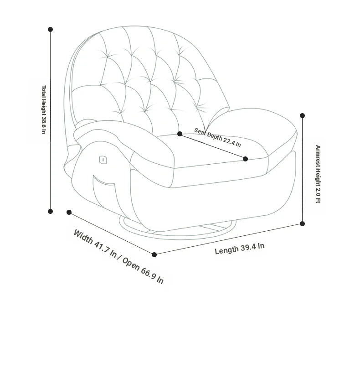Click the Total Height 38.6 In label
pyautogui.click(x=44, y=109)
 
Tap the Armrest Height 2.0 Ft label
pyautogui.click(x=318, y=174)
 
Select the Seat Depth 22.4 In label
pyautogui.click(x=217, y=137)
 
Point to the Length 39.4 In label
pyautogui.click(x=240, y=249)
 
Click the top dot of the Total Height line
pyautogui.click(x=50, y=30)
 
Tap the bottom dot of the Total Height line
pyautogui.click(x=50, y=212)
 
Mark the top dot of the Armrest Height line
pyautogui.click(x=302, y=115)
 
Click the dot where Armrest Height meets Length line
pyautogui.click(x=302, y=223)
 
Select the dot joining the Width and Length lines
pyautogui.click(x=154, y=254)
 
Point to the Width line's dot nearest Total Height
pyautogui.click(x=69, y=212)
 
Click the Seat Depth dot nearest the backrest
pyautogui.click(x=180, y=134)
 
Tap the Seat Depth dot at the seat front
pyautogui.click(x=245, y=159)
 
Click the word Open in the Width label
pyautogui.click(x=131, y=264)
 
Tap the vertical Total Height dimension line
pyautogui.click(x=51, y=120)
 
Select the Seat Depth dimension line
pyautogui.click(x=212, y=146)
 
